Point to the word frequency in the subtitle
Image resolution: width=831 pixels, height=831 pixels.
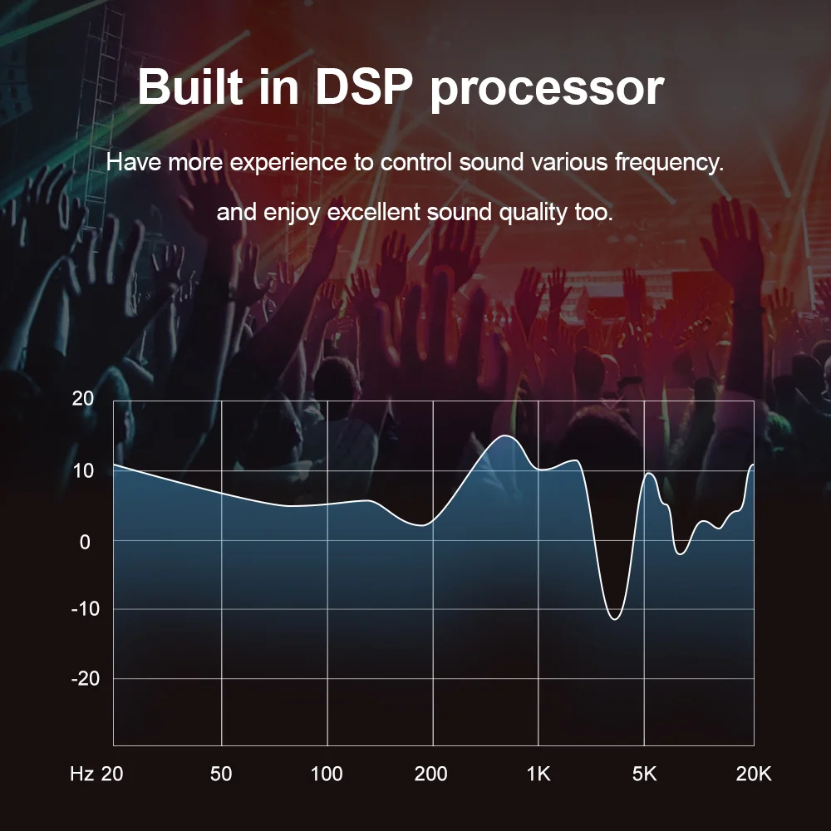[667, 162]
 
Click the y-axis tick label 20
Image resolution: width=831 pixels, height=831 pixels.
[83, 399]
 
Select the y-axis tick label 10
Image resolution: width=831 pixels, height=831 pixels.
[83, 470]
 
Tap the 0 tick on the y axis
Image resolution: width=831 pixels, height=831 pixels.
[84, 541]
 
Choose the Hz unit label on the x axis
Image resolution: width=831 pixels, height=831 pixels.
[81, 774]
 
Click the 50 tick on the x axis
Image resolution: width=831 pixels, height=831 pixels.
[221, 774]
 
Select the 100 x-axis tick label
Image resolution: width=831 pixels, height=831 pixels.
[327, 774]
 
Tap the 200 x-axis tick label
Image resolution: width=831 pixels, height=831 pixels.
[430, 774]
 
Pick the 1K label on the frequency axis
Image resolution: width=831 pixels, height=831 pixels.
[538, 774]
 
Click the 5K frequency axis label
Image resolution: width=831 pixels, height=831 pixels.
[644, 774]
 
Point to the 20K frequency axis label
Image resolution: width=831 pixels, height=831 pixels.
[754, 774]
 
